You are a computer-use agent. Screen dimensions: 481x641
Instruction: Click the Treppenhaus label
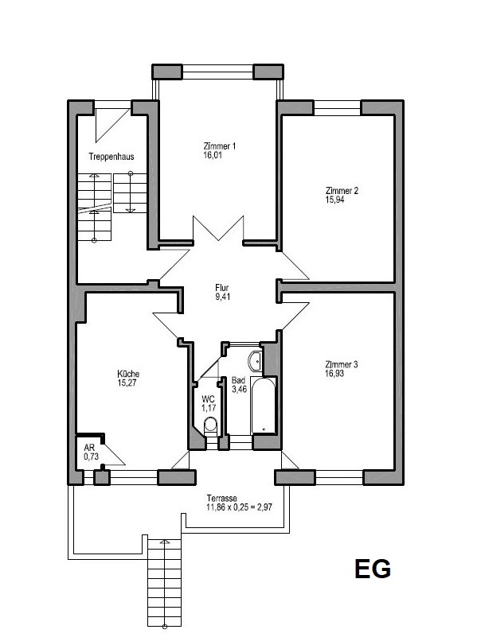pos(111,157)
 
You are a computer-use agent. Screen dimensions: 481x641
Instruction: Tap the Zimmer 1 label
pos(220,146)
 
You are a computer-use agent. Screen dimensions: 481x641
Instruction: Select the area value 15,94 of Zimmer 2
pos(334,200)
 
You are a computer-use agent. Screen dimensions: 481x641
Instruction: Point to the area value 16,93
pos(334,373)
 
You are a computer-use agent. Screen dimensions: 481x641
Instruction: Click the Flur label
pos(222,288)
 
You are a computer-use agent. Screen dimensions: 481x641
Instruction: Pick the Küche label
pos(128,374)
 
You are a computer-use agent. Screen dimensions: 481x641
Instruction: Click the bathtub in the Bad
pos(264,406)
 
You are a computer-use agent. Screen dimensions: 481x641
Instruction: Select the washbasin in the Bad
pos(255,361)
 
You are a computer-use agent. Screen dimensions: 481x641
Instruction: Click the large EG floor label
pos(373,569)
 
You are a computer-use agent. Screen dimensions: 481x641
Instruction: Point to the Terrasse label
pos(222,499)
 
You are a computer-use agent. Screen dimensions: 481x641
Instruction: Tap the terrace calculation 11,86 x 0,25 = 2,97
pos(239,507)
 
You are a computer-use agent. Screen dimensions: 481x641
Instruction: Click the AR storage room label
pos(89,448)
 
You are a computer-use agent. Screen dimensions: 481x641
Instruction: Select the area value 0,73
pos(92,456)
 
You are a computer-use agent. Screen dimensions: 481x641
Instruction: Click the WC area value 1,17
pos(209,408)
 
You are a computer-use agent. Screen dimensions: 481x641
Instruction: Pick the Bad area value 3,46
pos(240,389)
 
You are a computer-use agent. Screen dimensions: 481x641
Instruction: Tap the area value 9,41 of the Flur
pos(223,297)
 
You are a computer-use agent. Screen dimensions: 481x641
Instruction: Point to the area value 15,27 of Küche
pos(127,383)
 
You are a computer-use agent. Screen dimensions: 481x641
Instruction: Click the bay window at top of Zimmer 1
pos(217,72)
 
